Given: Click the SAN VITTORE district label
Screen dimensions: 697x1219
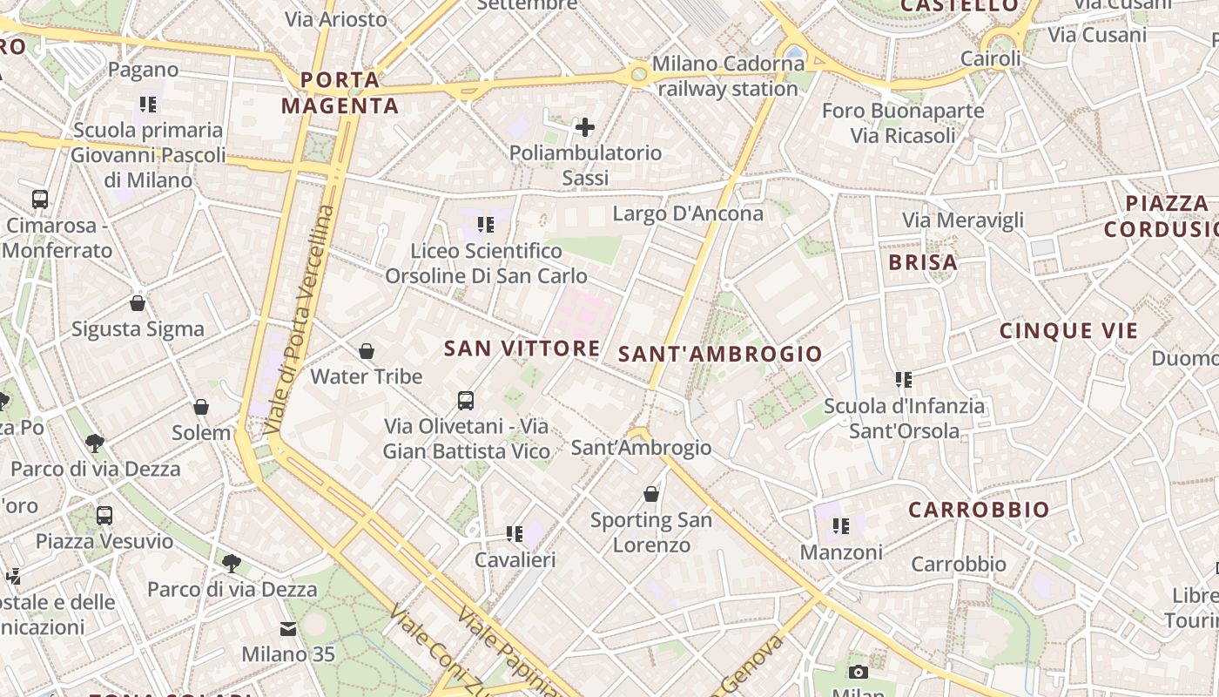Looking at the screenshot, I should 522,348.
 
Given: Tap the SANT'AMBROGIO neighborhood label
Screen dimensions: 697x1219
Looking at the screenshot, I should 719,354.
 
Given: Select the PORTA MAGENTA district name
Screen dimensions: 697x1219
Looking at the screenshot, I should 340,93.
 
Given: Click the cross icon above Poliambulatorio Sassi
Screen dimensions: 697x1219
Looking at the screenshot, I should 585,127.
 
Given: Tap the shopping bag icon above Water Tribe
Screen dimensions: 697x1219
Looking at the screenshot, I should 367,351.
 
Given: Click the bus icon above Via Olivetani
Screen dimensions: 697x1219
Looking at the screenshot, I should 466,401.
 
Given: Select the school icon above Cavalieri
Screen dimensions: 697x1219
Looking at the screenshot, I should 514,533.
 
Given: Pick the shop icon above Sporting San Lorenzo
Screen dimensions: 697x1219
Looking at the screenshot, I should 650,494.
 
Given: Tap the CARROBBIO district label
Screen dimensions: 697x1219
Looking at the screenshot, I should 979,510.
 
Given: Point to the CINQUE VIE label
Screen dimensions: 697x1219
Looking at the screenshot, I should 1068,331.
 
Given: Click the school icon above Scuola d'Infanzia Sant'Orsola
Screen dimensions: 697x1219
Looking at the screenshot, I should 904,380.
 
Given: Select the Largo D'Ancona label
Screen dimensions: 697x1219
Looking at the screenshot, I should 688,213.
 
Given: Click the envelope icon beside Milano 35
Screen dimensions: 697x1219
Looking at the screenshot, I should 288,629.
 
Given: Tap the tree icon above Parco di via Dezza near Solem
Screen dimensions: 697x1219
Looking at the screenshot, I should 95,443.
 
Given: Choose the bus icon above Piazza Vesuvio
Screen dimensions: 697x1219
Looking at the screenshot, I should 104,515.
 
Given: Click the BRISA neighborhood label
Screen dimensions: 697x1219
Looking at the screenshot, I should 923,262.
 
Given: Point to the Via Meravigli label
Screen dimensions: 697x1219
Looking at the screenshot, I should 962,220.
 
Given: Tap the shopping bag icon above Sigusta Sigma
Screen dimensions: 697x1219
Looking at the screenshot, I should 138,303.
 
